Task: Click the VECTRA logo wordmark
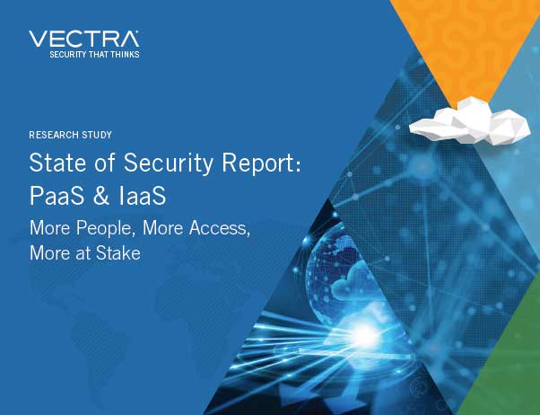(x=84, y=39)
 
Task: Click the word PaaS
(x=57, y=195)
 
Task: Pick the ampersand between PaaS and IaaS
(x=101, y=196)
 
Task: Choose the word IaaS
(x=142, y=195)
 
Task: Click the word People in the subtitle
(x=105, y=228)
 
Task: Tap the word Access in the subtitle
(x=220, y=228)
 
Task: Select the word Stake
(x=118, y=253)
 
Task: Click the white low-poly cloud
(x=470, y=121)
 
